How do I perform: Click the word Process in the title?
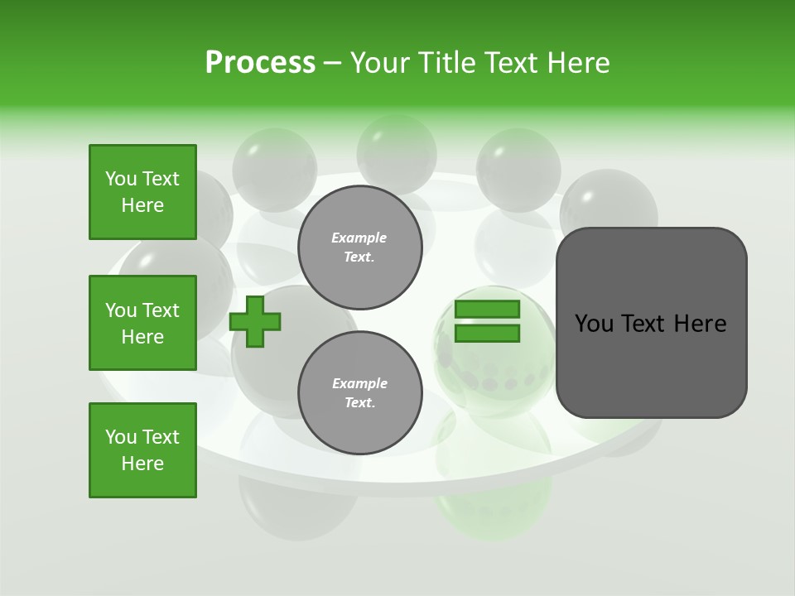(x=260, y=63)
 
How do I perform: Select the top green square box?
(x=142, y=192)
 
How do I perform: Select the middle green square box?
(x=142, y=323)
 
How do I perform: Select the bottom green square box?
(x=142, y=450)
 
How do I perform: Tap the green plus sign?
(x=255, y=321)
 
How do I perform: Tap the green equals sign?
(x=487, y=321)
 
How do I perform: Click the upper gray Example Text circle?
(x=359, y=247)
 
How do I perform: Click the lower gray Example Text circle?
(x=359, y=392)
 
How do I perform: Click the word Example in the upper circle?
(x=359, y=238)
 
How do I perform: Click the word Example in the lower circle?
(x=359, y=383)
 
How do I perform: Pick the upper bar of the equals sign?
(x=487, y=310)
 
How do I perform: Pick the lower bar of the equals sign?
(x=487, y=333)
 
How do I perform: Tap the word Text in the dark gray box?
(x=646, y=324)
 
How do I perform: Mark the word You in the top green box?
(x=120, y=179)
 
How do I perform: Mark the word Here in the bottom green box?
(x=142, y=464)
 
